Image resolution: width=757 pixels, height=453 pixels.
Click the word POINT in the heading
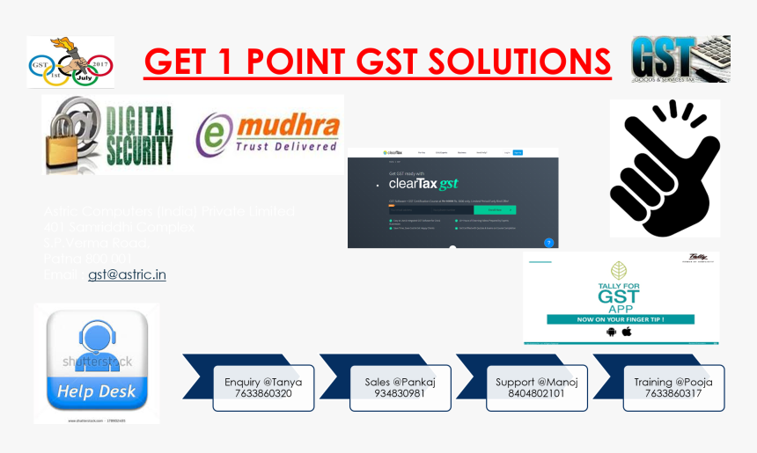[x=297, y=62]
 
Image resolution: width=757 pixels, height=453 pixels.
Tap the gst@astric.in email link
[x=127, y=274]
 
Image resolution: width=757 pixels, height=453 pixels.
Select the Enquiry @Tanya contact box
[x=263, y=388]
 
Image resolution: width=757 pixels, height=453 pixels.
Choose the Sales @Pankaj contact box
[x=400, y=388]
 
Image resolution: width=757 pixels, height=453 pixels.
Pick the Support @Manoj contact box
[x=537, y=388]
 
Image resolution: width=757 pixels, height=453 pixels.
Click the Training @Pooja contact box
[x=673, y=388]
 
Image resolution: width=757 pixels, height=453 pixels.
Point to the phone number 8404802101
[x=537, y=394]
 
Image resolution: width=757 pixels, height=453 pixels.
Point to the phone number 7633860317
[x=673, y=394]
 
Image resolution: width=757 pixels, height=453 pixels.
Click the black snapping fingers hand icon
[x=665, y=168]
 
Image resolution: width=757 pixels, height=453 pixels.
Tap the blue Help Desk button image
[x=97, y=362]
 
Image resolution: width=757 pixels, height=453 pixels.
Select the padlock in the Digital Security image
[x=71, y=136]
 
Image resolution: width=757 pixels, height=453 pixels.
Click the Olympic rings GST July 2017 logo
[x=70, y=62]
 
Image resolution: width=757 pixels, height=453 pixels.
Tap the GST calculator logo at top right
[x=680, y=59]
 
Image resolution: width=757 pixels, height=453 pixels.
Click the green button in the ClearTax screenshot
[x=496, y=210]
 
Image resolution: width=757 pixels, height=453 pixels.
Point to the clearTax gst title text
[x=423, y=185]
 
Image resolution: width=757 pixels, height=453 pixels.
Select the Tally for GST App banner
[x=621, y=297]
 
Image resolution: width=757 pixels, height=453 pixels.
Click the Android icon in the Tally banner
[x=611, y=332]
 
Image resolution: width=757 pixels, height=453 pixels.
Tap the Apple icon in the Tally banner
[x=628, y=332]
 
